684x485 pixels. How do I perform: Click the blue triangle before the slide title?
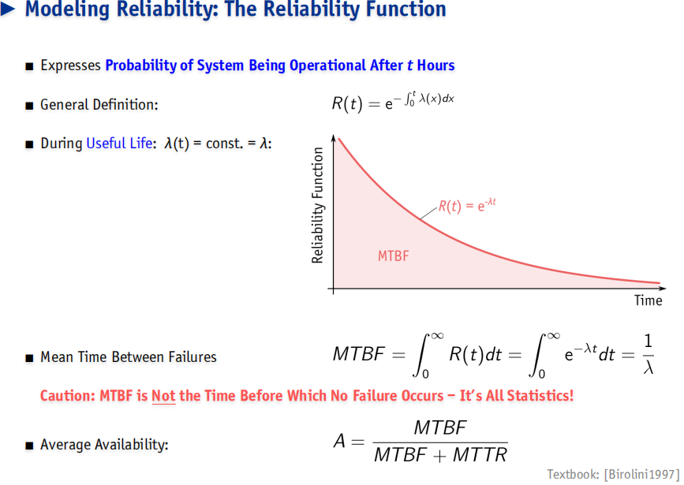(8, 9)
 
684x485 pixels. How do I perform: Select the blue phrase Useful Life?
(119, 143)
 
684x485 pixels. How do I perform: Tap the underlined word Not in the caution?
(163, 396)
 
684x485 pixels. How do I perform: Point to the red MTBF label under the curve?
(394, 256)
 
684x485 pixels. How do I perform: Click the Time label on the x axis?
(648, 300)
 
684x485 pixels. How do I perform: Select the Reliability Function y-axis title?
(318, 205)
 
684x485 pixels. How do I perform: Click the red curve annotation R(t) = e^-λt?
(467, 205)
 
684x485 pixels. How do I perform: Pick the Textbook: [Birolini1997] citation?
(613, 474)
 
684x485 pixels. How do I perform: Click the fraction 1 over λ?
(648, 354)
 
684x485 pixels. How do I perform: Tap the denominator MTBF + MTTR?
(440, 455)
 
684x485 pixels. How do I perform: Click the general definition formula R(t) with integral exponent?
(393, 103)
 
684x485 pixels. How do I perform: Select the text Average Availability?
(104, 445)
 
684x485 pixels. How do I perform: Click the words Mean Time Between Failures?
(129, 356)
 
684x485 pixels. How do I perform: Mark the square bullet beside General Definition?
(29, 106)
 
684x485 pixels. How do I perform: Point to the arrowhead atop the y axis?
(334, 137)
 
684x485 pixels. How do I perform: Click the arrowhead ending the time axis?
(663, 289)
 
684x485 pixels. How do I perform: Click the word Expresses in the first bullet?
(71, 65)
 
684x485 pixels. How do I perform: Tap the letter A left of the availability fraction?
(339, 441)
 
